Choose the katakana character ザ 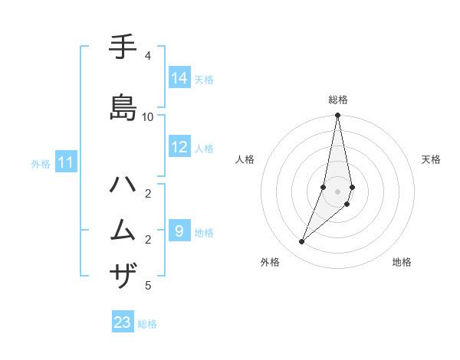[124, 275]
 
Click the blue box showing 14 [179, 78]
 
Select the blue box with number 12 [179, 148]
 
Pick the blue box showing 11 [66, 162]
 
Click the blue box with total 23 [123, 322]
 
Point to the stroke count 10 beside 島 [148, 116]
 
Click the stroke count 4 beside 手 [147, 56]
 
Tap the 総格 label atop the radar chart [338, 100]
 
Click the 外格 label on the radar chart [270, 262]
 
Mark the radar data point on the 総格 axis [338, 116]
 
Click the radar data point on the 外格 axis [301, 242]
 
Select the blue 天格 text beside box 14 [204, 79]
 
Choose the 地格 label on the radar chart [402, 262]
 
